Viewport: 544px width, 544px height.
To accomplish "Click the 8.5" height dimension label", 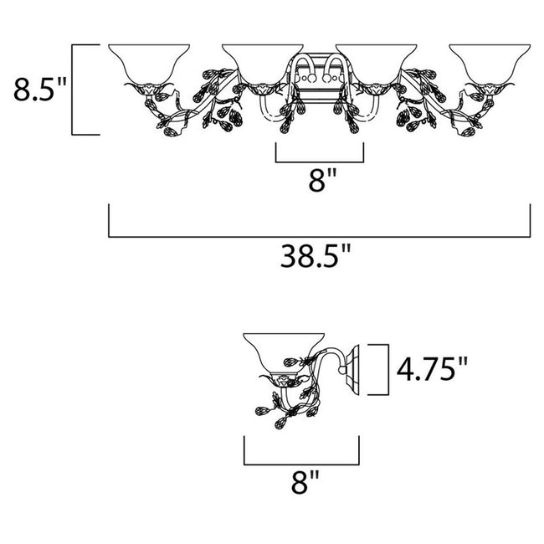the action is [39, 90].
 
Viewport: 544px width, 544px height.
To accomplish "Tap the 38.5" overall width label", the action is [316, 256].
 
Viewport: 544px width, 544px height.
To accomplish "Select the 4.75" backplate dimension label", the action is [432, 369].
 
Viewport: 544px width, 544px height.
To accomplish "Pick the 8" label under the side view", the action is [305, 482].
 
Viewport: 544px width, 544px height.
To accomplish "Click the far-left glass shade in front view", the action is [149, 64].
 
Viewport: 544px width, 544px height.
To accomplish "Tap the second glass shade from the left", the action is [263, 64].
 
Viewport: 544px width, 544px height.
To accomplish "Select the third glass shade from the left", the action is [377, 64].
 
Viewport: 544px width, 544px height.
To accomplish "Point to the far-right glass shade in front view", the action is [490, 64].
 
